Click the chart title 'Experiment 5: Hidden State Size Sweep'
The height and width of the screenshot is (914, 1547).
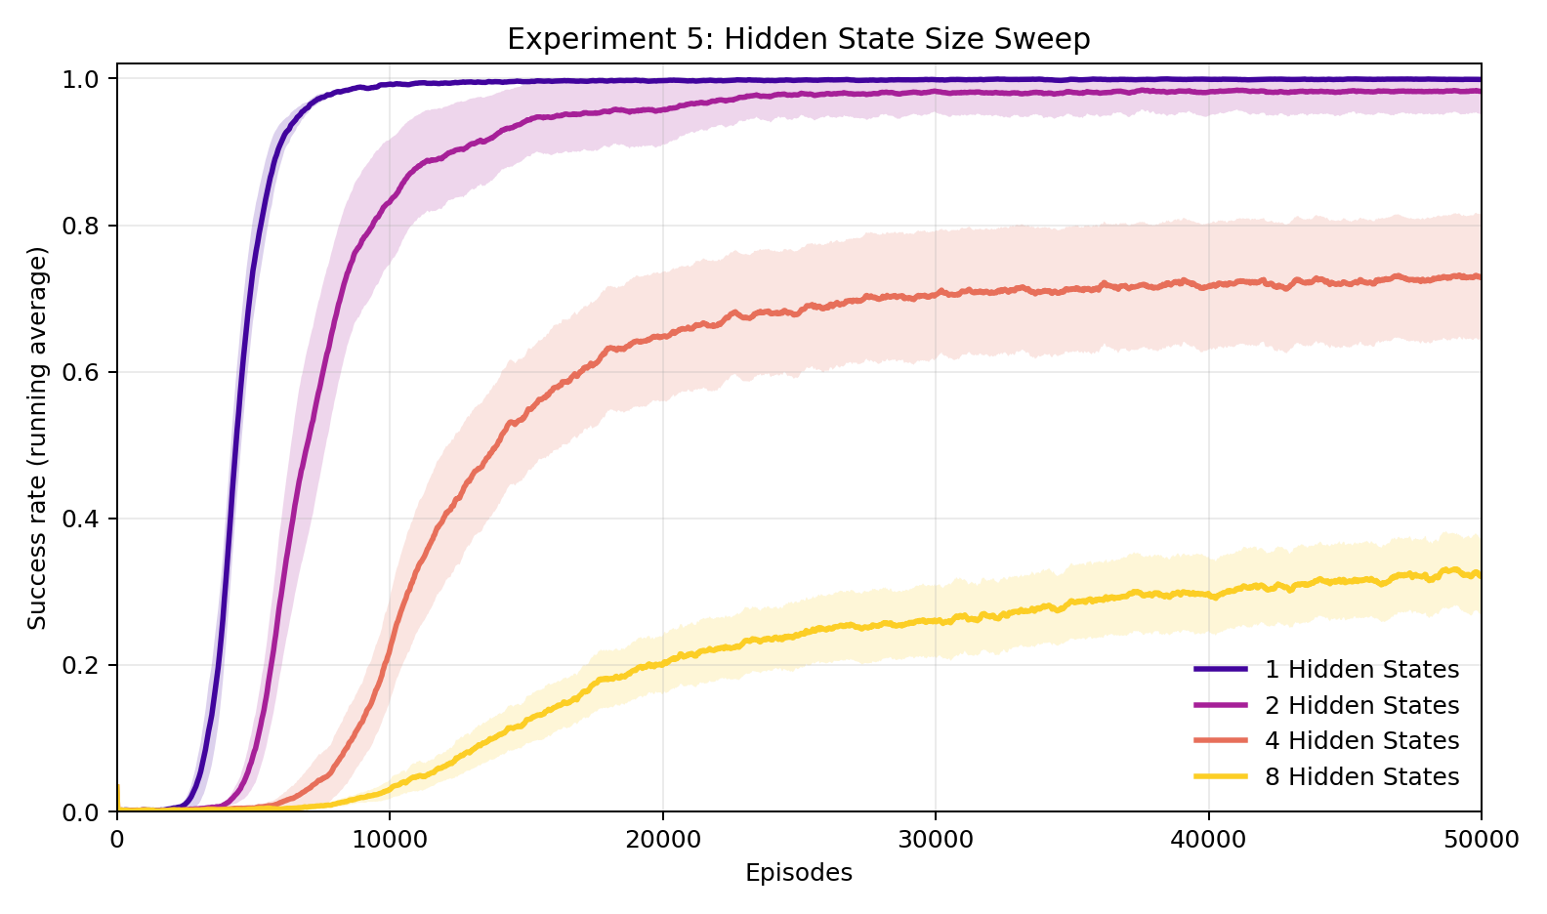798,39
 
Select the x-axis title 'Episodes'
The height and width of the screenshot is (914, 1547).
798,873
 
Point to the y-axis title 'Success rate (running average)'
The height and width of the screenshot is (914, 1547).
37,438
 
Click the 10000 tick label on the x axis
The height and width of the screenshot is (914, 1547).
390,840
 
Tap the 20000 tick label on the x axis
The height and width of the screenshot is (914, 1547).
663,840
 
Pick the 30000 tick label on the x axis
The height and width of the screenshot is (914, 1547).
936,840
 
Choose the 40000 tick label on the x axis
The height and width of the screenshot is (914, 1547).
1209,840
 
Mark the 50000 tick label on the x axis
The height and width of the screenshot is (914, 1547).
1481,840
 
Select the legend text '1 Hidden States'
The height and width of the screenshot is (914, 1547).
1361,670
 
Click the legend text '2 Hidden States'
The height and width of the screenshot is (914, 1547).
1361,705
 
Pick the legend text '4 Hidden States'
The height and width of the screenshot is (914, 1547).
1361,741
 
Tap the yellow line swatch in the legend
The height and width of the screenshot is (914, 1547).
1221,776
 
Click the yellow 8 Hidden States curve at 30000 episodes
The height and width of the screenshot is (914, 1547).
936,621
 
